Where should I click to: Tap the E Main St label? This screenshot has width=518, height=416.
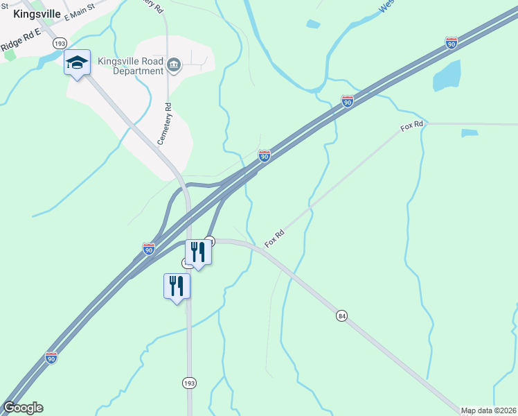[78, 15]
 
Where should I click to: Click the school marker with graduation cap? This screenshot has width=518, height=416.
[77, 64]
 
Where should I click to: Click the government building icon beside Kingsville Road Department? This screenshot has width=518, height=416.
[173, 66]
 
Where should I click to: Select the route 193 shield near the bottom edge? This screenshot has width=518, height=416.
[189, 383]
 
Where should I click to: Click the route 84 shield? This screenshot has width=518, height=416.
[342, 316]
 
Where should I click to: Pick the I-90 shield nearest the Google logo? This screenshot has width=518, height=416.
[51, 357]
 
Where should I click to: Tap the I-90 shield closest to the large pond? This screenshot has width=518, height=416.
[452, 44]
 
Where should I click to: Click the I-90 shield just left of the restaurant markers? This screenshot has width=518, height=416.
[149, 248]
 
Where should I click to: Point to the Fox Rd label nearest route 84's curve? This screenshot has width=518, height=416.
[275, 238]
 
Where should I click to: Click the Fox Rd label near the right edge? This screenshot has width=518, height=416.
[411, 128]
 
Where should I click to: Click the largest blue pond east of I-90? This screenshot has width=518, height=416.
[447, 75]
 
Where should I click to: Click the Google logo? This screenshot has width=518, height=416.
[23, 408]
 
